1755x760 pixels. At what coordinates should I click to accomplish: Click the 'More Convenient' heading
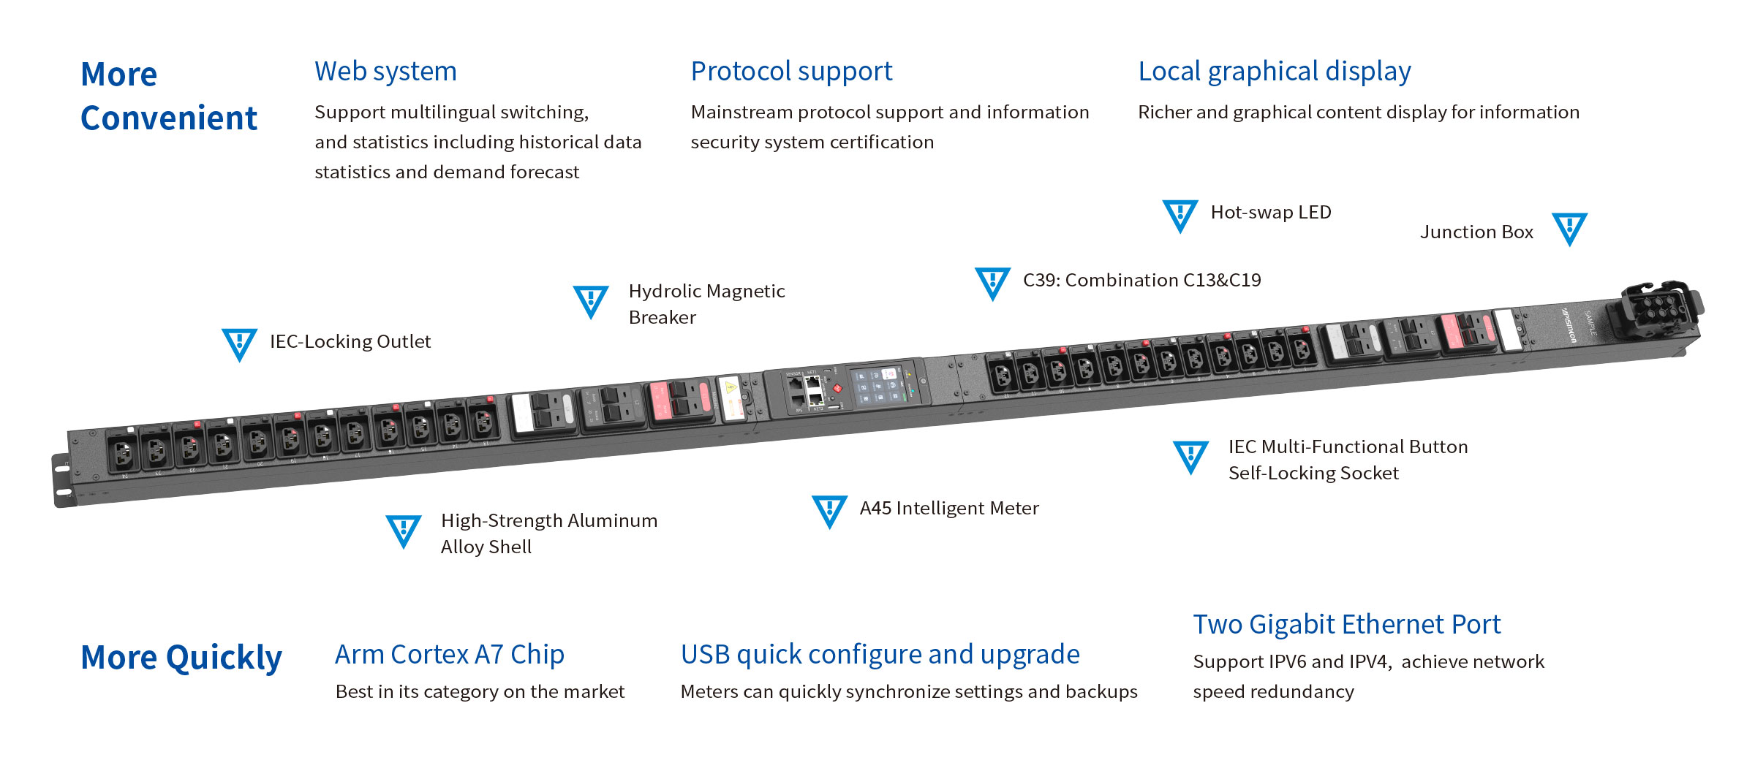tap(168, 96)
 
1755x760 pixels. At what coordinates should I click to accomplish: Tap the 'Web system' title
tap(385, 72)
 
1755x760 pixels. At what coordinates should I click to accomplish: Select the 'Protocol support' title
tap(791, 72)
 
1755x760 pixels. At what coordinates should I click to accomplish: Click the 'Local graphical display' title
tap(1274, 72)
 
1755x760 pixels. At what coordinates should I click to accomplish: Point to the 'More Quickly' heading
tap(181, 658)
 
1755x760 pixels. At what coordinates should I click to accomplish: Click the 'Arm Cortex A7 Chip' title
tap(449, 655)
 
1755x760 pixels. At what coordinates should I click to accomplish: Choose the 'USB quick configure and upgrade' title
tap(880, 655)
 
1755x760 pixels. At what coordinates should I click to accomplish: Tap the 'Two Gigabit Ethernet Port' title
tap(1346, 625)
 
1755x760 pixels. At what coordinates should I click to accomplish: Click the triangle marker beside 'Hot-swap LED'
tap(1180, 215)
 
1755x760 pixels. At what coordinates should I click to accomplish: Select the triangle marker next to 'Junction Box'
tap(1569, 228)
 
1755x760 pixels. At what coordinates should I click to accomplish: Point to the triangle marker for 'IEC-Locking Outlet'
tap(239, 343)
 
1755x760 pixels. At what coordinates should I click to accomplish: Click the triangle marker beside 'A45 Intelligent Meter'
tap(829, 510)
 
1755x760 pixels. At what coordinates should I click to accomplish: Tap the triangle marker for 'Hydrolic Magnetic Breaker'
tap(590, 300)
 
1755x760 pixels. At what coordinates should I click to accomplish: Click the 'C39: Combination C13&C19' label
tap(1141, 281)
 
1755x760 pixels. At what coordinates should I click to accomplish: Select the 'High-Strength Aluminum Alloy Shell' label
tap(548, 533)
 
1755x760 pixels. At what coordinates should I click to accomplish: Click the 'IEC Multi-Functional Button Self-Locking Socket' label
tap(1348, 460)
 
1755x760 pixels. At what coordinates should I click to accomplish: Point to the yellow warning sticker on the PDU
tap(730, 388)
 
